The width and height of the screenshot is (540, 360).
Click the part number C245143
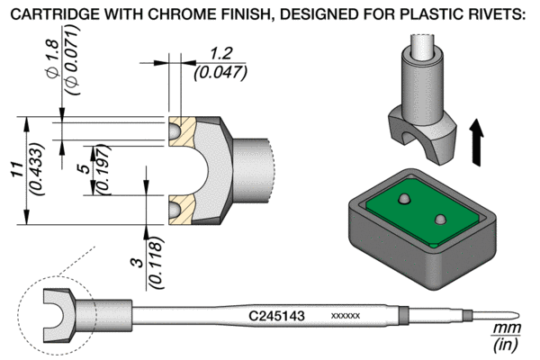tap(276, 316)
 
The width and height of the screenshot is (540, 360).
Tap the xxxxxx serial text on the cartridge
tap(346, 316)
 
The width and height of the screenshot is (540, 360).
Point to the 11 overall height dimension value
tap(17, 169)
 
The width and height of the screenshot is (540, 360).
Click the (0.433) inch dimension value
tap(37, 169)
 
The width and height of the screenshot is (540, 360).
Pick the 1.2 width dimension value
tap(220, 54)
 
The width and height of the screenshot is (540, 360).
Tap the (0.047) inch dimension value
tap(220, 73)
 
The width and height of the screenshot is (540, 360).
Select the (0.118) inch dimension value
tap(156, 263)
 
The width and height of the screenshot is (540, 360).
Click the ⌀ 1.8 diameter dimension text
tap(55, 58)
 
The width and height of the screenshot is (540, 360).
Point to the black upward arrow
tap(477, 142)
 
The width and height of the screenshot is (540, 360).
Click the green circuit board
tap(423, 212)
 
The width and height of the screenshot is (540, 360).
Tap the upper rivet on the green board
tap(403, 199)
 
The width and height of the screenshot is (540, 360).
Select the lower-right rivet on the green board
tap(440, 220)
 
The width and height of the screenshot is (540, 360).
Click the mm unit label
tap(506, 328)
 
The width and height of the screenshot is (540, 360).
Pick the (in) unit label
tap(506, 345)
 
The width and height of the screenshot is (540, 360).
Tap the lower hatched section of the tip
tap(183, 210)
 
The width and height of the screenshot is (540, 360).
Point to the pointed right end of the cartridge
tap(519, 316)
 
